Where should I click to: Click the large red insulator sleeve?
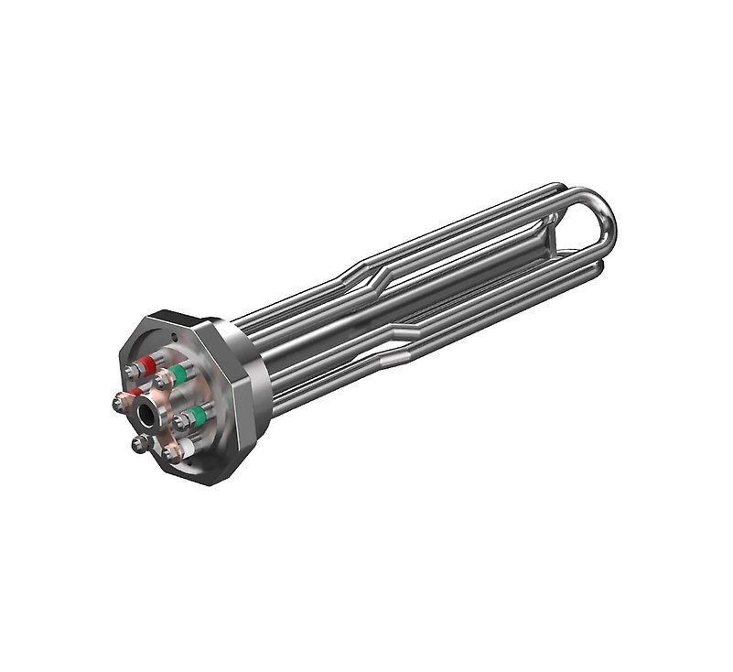[x=147, y=365]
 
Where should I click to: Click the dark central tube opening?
[x=146, y=416]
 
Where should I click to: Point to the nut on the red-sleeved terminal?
[x=133, y=371]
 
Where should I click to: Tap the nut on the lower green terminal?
[x=181, y=422]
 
